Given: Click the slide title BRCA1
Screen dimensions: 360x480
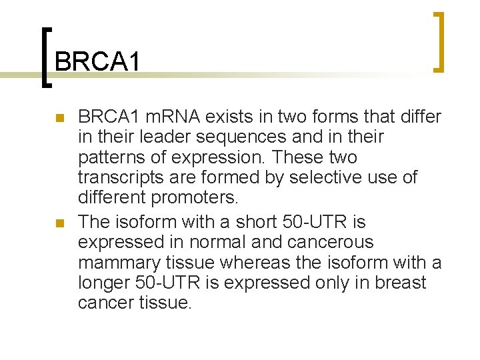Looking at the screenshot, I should point(98,62).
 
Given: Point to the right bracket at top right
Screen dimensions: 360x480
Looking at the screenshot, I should point(437,41).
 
